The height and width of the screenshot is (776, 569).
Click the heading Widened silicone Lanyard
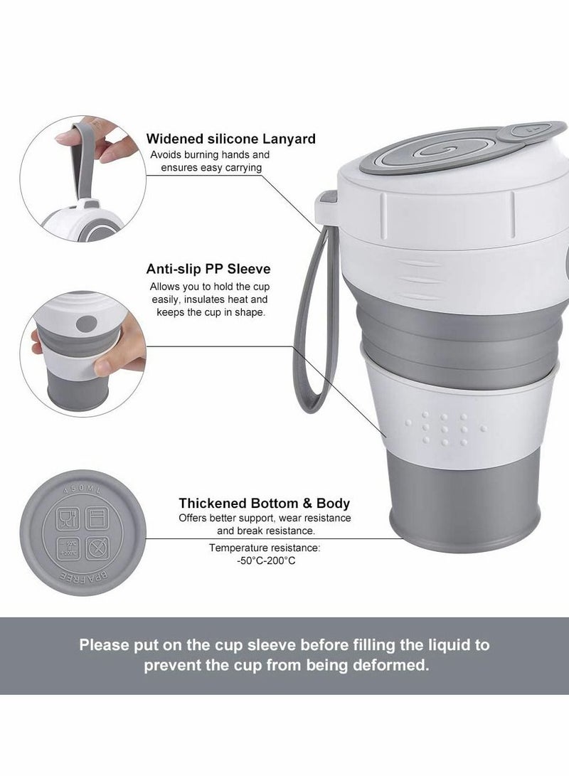[230, 139]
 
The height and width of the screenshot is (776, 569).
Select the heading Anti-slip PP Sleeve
[208, 270]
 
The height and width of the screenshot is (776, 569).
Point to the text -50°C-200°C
[265, 561]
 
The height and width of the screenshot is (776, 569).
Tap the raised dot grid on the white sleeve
[441, 429]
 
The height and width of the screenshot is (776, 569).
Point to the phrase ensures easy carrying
[206, 167]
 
